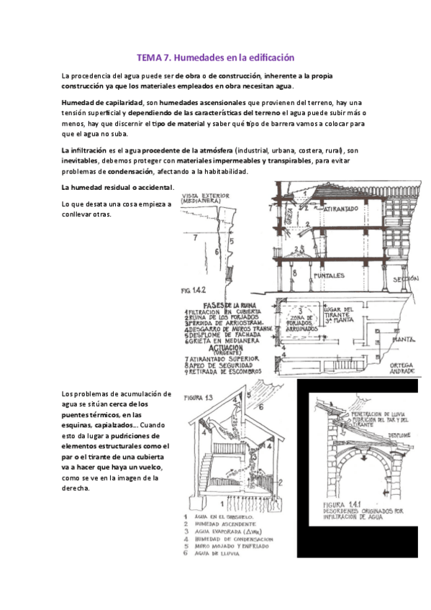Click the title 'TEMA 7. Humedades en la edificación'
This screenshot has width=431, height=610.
pos(216,57)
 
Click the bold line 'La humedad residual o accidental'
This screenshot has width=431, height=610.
pos(118,188)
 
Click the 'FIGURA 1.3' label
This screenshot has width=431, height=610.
pos(199,397)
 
